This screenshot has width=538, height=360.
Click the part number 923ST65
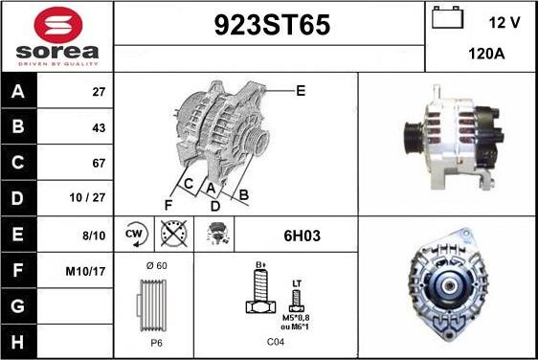pyautogui.click(x=272, y=25)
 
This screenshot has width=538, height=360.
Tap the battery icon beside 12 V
pyautogui.click(x=447, y=17)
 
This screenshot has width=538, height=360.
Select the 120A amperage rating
pyautogui.click(x=486, y=54)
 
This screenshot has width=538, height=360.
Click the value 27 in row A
pyautogui.click(x=99, y=92)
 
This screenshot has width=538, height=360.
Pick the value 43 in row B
pyautogui.click(x=99, y=128)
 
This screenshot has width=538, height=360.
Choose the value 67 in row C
pyautogui.click(x=99, y=163)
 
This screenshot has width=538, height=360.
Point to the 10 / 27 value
pyautogui.click(x=87, y=197)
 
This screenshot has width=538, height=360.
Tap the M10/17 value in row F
pyautogui.click(x=85, y=272)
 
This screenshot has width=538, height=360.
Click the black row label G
pyautogui.click(x=18, y=306)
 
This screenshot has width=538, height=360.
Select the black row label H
pyautogui.click(x=18, y=342)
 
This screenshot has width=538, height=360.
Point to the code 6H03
pyautogui.click(x=302, y=236)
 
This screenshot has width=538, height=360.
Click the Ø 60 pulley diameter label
pyautogui.click(x=156, y=265)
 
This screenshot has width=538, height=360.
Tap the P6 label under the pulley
pyautogui.click(x=156, y=343)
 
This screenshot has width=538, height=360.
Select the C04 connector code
pyautogui.click(x=276, y=342)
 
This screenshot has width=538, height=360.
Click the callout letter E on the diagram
pyautogui.click(x=301, y=91)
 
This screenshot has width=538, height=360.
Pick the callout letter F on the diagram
pyautogui.click(x=168, y=205)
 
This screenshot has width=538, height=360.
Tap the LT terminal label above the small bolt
pyautogui.click(x=297, y=283)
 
